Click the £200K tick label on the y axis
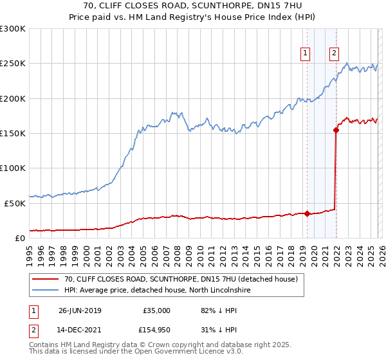pos(13,99)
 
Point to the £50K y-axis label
pos(15,203)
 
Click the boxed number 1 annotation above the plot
pos(304,54)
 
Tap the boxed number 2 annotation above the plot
pos(335,54)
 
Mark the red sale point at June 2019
pos(307,213)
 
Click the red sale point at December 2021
pos(336,130)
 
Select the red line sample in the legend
pos(46,280)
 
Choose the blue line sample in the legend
pos(46,291)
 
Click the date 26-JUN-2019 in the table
pos(80,310)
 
